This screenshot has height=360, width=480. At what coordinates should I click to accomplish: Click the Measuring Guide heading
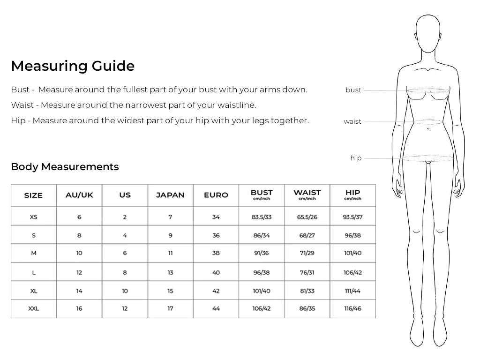click(x=73, y=66)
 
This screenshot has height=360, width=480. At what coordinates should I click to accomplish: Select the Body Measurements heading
click(x=65, y=167)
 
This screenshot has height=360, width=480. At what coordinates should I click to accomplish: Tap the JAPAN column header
click(x=170, y=195)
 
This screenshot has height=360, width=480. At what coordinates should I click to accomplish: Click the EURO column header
click(x=216, y=195)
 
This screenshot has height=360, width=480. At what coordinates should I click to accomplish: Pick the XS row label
click(x=33, y=217)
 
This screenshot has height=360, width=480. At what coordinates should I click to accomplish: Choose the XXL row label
click(x=33, y=308)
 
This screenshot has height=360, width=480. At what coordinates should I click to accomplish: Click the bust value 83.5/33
click(x=262, y=217)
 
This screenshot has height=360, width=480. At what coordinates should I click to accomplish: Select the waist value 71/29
click(x=307, y=253)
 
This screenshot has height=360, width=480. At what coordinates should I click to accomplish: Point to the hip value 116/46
click(x=352, y=308)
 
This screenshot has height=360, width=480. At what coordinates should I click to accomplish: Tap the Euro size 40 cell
click(x=216, y=272)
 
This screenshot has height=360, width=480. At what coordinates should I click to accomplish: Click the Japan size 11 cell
click(x=170, y=253)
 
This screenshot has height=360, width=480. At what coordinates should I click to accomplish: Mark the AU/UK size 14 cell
click(x=79, y=291)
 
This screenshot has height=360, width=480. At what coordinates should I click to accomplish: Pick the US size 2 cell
click(x=125, y=217)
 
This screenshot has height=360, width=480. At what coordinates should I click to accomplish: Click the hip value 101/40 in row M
click(x=352, y=253)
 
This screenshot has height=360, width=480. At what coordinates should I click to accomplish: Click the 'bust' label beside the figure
click(x=353, y=90)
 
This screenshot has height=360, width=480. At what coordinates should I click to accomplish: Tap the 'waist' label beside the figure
click(x=352, y=121)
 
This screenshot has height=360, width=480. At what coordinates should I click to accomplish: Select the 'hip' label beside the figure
click(x=356, y=158)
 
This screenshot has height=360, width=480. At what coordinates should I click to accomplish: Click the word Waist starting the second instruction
click(x=22, y=105)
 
